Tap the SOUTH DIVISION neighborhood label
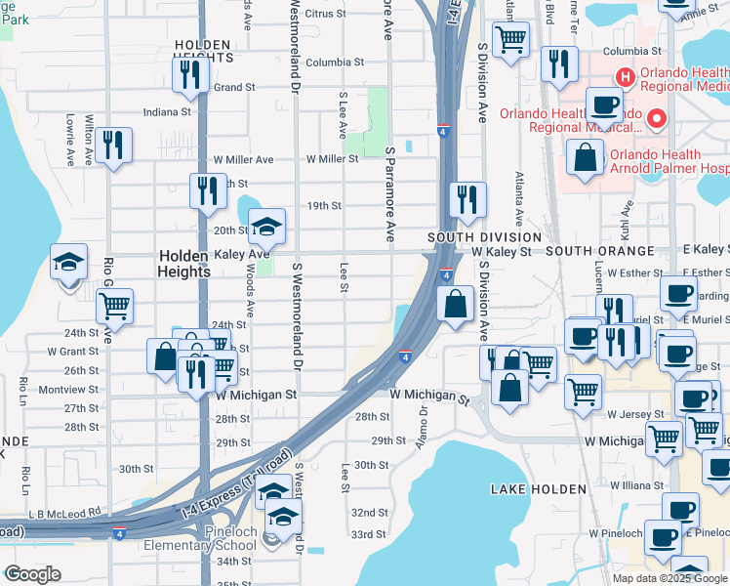[485, 237]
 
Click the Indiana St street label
[168, 112]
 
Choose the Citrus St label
[326, 15]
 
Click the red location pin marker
[657, 121]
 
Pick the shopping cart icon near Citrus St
[510, 40]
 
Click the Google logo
[32, 574]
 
